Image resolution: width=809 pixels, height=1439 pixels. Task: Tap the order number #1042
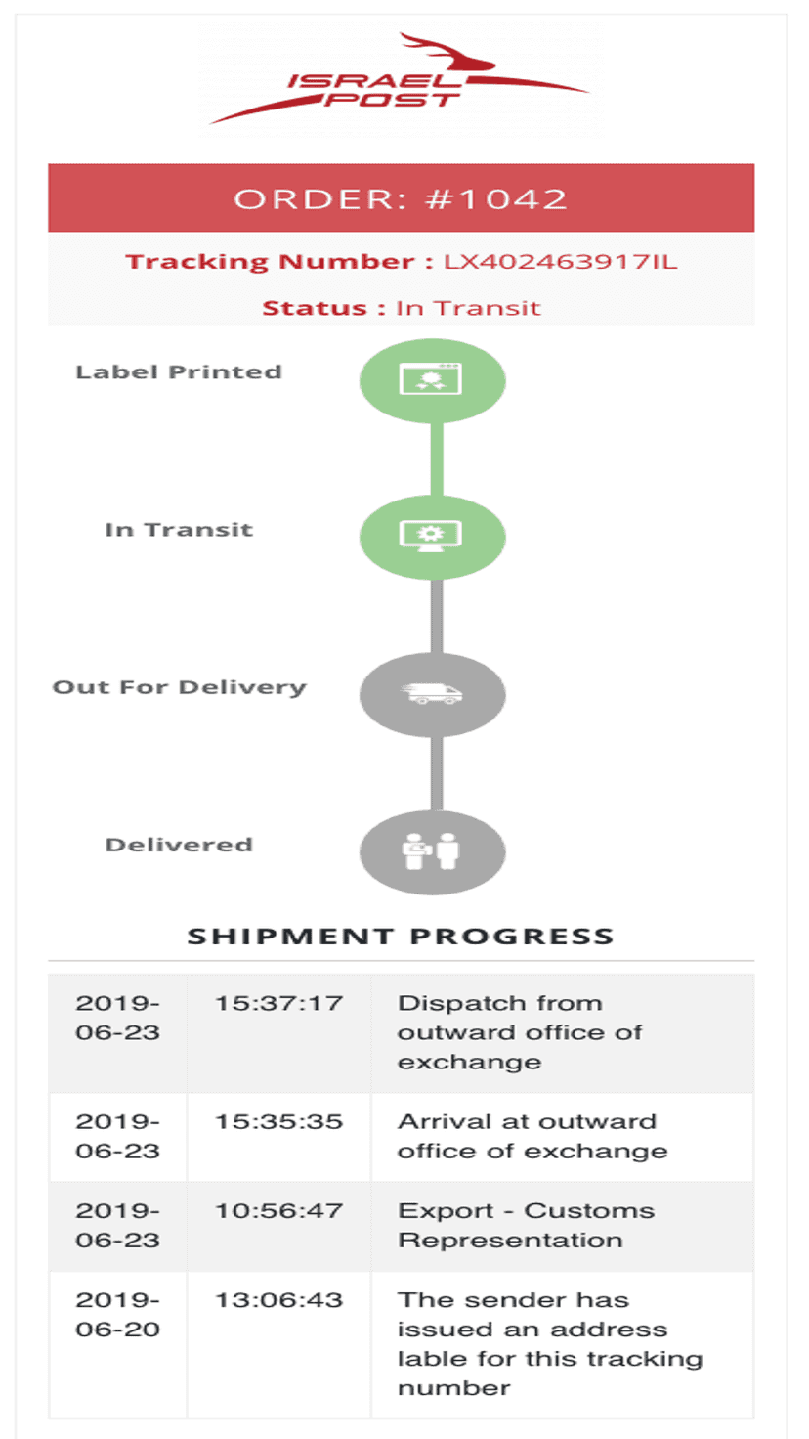pos(496,199)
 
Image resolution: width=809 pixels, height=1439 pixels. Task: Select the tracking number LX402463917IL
pos(561,261)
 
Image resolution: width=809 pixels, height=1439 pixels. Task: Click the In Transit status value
pos(468,308)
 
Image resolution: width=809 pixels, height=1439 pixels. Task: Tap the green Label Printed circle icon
pos(432,381)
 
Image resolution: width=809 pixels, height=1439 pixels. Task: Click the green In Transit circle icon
pos(432,537)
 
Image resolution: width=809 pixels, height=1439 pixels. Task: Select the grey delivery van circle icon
pos(432,694)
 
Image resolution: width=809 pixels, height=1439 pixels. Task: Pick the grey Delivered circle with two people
pos(432,852)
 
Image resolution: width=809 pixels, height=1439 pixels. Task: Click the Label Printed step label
pos(179,371)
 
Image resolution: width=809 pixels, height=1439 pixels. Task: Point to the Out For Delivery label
pos(179,687)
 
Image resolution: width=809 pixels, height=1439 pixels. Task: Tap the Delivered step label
pos(179,844)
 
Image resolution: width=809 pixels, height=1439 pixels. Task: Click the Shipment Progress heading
pos(401,936)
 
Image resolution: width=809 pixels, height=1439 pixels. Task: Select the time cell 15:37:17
pos(278,1003)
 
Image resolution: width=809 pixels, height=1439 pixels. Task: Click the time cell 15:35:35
pos(278,1121)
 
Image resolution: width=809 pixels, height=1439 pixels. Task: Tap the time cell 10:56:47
pos(278,1211)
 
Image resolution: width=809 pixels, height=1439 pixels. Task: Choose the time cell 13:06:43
pos(278,1300)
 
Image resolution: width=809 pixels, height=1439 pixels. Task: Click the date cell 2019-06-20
pos(117,1315)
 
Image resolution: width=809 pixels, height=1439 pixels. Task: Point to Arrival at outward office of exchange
pos(532,1136)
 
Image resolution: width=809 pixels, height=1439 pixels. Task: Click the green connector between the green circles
pos(437,458)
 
